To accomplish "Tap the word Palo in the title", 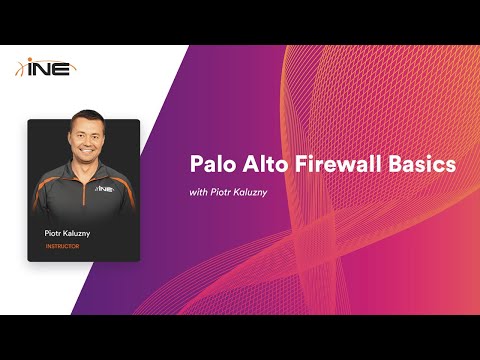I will (211, 164).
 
